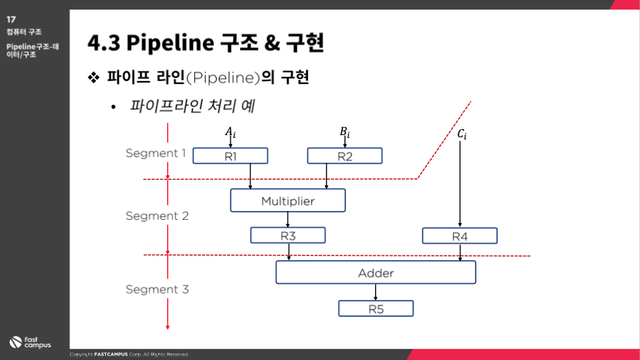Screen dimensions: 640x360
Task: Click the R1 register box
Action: [x=230, y=156]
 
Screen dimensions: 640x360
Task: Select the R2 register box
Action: [x=344, y=156]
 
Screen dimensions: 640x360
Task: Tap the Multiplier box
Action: [x=288, y=200]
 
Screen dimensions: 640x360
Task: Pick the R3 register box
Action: [x=288, y=235]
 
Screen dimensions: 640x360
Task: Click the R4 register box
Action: [x=460, y=236]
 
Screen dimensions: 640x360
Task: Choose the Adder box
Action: [x=376, y=272]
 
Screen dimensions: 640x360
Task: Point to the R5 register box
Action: [x=376, y=308]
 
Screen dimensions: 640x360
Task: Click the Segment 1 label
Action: [x=155, y=153]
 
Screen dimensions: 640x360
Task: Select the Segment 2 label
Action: [x=157, y=215]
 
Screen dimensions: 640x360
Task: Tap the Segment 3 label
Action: [x=157, y=289]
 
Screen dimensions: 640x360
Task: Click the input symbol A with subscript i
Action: [x=230, y=132]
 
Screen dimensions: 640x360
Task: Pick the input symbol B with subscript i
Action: [x=344, y=132]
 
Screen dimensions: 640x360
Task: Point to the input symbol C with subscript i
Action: [x=462, y=134]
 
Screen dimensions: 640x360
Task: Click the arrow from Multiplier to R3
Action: [x=288, y=220]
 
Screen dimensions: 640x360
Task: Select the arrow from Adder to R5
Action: [x=376, y=292]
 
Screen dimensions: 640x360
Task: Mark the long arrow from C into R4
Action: [x=460, y=184]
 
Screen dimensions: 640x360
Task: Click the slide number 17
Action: [x=11, y=19]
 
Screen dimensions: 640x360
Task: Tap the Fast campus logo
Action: [x=30, y=342]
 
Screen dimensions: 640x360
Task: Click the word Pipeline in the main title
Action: [x=170, y=42]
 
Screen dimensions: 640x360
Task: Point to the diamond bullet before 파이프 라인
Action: [x=93, y=77]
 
